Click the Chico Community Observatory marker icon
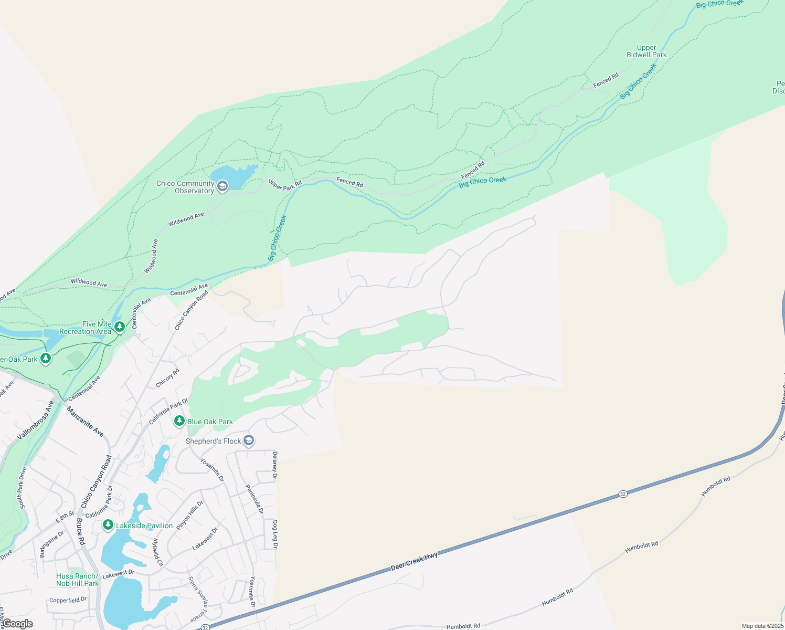222,186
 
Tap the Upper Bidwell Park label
646,51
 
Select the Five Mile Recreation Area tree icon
120,328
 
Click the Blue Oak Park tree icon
179,421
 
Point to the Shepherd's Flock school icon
249,440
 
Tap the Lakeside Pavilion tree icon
108,525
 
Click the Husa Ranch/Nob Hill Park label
78,580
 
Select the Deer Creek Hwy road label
414,562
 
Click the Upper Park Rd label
285,184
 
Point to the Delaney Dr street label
274,465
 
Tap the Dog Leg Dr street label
274,534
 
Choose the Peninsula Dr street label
254,499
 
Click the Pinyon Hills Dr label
190,515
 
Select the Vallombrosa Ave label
35,421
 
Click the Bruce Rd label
80,531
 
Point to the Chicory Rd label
167,379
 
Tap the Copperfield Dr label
68,600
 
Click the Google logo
17,624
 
